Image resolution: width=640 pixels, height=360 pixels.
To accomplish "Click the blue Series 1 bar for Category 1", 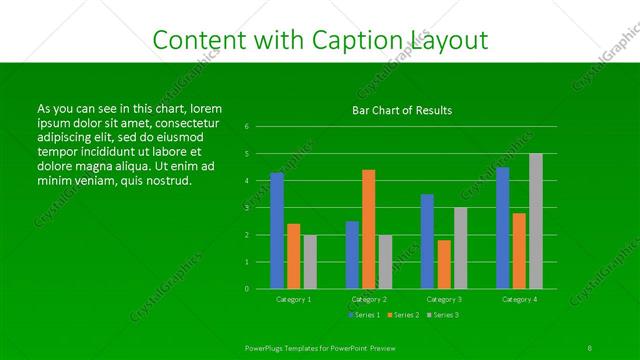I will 277,231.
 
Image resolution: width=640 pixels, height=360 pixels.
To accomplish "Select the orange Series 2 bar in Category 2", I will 368,229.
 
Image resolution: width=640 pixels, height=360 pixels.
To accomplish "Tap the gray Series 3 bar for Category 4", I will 536,221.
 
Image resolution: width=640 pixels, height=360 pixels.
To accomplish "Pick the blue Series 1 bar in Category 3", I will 427,241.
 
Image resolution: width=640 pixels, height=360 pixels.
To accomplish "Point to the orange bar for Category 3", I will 444,264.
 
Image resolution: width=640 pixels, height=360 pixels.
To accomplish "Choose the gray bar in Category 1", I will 310,262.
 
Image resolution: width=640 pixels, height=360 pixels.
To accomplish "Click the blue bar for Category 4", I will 503,228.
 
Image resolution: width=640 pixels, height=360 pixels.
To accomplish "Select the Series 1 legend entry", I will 364,316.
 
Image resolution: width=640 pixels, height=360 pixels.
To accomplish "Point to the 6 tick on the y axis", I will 246,127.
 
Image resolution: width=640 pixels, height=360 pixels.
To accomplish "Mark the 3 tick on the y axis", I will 246,208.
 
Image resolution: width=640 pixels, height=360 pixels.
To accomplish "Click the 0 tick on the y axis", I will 246,289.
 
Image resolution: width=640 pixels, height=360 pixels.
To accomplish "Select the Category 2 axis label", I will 368,299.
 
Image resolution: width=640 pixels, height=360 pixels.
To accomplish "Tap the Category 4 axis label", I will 519,299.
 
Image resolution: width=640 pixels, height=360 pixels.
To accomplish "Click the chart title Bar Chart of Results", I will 402,110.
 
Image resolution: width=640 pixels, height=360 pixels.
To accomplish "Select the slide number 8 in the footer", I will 590,347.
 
